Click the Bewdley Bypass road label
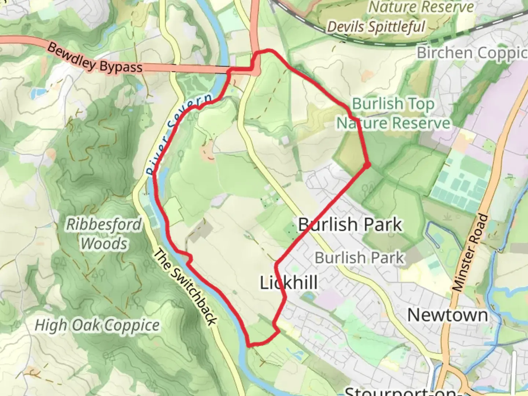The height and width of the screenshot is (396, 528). coord(95,59)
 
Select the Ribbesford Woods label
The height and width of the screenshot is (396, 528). coord(104,234)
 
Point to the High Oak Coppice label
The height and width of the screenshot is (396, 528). coord(97,325)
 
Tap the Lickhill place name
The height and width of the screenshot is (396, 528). coord(289,283)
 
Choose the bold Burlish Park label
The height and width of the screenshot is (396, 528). coord(350,224)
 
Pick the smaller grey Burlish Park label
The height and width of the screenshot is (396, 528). coord(359,258)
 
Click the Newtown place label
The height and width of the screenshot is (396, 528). coord(447,315)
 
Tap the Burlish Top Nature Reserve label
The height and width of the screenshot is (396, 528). coord(393,114)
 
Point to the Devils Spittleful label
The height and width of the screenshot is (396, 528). coord(376,27)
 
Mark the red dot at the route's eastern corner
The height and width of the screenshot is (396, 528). coord(367,166)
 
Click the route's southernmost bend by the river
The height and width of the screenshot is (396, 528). coord(250,344)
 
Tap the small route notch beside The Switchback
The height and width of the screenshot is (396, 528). coord(189,258)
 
